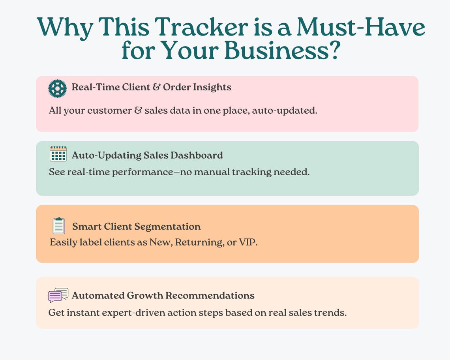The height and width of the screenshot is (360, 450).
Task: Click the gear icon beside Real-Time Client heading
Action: tap(58, 88)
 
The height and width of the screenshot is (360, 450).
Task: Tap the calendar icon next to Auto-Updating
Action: tap(58, 154)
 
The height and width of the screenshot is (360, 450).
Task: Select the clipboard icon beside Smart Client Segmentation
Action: tap(58, 226)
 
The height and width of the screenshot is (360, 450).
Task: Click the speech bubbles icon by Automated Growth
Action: tap(58, 295)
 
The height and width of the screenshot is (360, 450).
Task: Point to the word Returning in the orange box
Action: tap(199, 242)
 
